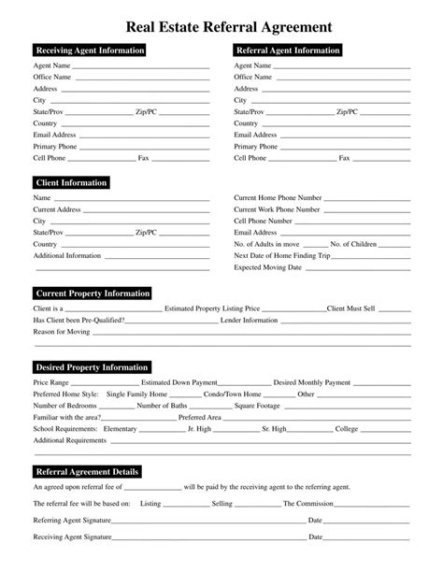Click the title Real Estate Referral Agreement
tap(221, 21)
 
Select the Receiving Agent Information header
tap(89, 50)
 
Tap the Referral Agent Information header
tap(287, 50)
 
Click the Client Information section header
tap(70, 182)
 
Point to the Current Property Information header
tap(92, 294)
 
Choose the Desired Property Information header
tap(91, 366)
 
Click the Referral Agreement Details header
tap(87, 471)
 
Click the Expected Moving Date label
tap(267, 267)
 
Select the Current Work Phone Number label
tap(278, 210)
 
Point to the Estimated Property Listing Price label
tap(212, 308)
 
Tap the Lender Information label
tap(249, 320)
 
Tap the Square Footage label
tap(258, 406)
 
